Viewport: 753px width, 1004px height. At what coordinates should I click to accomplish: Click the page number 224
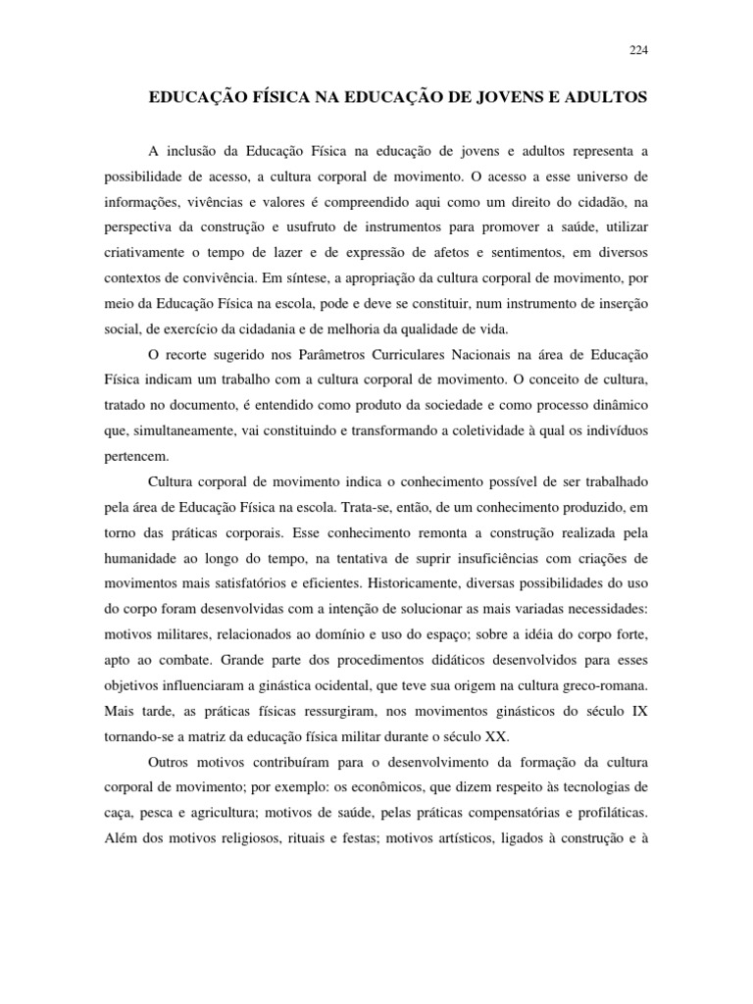(x=637, y=51)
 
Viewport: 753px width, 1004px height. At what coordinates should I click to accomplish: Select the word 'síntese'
(x=368, y=279)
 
